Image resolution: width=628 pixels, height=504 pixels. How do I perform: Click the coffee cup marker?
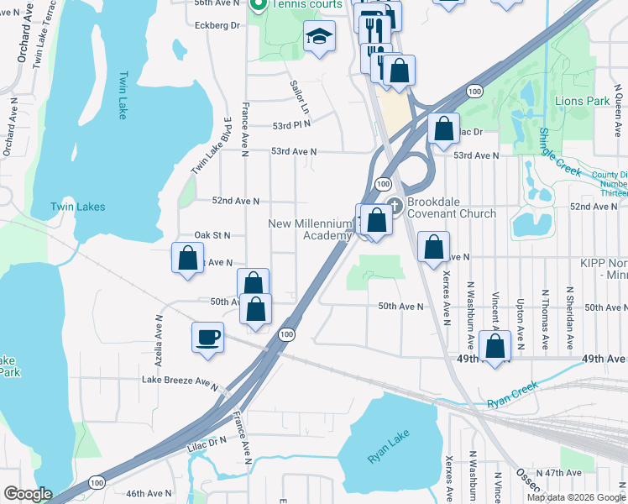207,339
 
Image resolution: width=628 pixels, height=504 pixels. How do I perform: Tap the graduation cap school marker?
319,36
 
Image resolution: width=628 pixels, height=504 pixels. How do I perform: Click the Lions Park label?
582,101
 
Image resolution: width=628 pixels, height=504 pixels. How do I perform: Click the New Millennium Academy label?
309,229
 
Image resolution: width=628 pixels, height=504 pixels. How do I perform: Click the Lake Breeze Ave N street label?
180,384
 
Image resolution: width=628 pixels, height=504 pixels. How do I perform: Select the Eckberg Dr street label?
217,25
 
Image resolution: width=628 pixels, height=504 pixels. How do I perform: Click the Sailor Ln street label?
300,97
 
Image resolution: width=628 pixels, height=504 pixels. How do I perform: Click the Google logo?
27,494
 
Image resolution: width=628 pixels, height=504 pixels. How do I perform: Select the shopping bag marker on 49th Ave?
495,346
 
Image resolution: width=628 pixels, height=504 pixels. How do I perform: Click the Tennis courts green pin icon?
258,5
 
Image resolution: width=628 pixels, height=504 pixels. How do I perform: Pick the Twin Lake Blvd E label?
211,146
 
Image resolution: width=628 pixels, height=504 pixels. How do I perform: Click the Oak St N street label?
212,235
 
